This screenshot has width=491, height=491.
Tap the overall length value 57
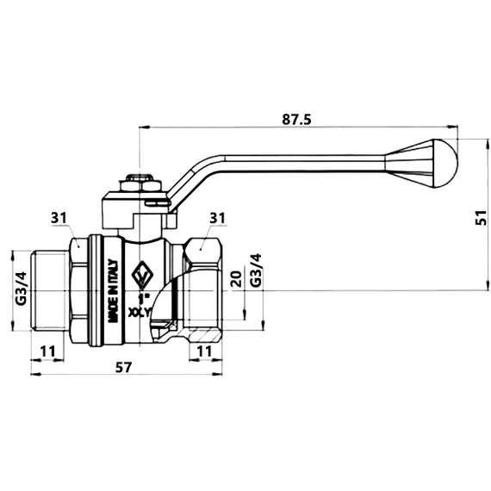123,368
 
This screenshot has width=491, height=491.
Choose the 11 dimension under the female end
202,351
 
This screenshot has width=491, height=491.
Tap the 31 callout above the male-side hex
59,219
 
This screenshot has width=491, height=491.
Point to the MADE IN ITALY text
112,293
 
